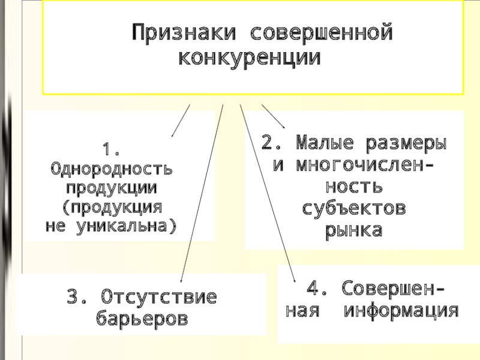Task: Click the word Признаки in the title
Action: click(x=184, y=32)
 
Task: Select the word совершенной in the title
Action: click(x=322, y=32)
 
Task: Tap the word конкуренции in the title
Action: click(x=250, y=58)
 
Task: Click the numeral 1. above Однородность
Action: click(x=111, y=150)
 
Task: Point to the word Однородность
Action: click(x=112, y=169)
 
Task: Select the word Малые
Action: click(x=325, y=143)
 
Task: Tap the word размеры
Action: click(x=406, y=143)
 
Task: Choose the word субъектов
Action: click(x=354, y=208)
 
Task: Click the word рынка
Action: click(x=354, y=231)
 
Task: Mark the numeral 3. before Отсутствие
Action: click(x=77, y=296)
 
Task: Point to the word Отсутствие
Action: click(x=159, y=296)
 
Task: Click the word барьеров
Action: click(x=142, y=319)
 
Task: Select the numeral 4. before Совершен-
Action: click(x=317, y=288)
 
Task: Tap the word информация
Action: click(x=401, y=311)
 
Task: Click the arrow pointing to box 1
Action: click(x=181, y=121)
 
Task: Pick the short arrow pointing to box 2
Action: click(x=274, y=116)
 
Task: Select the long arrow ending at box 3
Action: click(x=202, y=193)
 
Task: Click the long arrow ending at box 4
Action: click(x=268, y=193)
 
